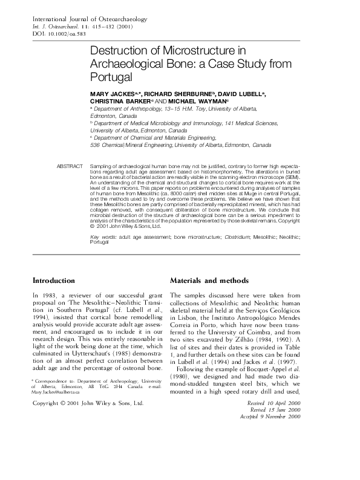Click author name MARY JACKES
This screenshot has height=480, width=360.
pyautogui.click(x=111, y=95)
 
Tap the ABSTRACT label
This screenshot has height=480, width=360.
pyautogui.click(x=70, y=166)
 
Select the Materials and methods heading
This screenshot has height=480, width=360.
pyautogui.click(x=209, y=281)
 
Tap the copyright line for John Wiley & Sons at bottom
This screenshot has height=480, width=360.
pyautogui.click(x=88, y=403)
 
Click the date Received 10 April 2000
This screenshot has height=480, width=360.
pyautogui.click(x=287, y=402)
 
